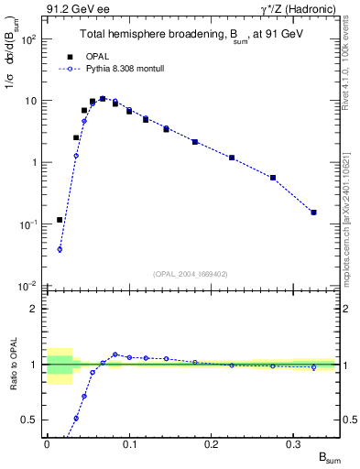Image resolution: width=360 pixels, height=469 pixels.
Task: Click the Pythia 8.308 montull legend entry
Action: (x=119, y=68)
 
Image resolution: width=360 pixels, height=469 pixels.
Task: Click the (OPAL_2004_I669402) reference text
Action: (x=190, y=272)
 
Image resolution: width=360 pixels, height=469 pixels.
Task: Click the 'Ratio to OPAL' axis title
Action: (x=12, y=366)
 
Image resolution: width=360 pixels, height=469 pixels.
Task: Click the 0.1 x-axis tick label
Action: (x=129, y=443)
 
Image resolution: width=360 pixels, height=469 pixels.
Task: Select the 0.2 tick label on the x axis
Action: (x=212, y=443)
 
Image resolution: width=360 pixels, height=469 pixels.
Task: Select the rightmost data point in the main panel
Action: (x=313, y=213)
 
